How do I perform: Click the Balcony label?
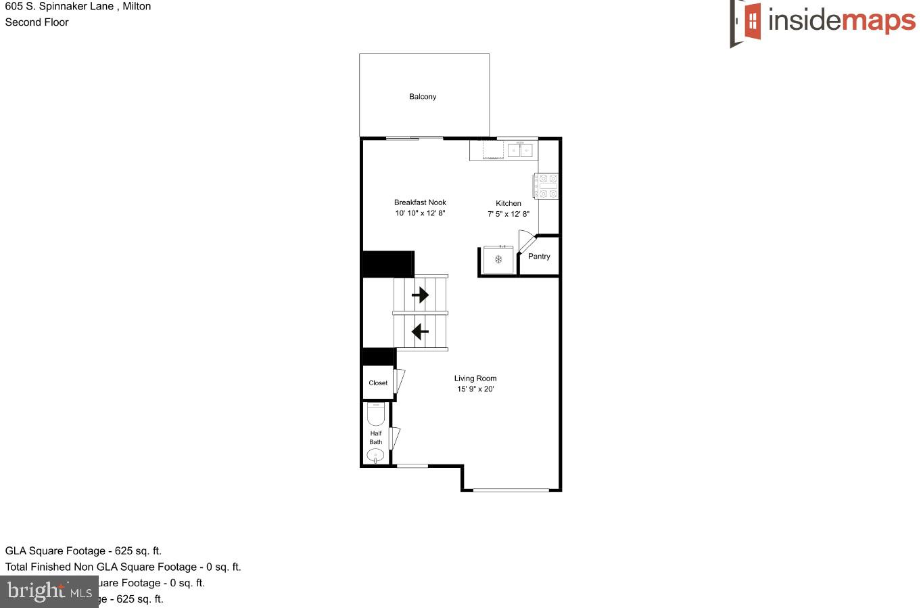pos(423,97)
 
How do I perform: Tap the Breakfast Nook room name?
pos(420,202)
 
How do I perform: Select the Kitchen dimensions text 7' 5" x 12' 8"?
pos(509,214)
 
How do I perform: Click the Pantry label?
pos(539,257)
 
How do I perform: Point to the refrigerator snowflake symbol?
pos(498,259)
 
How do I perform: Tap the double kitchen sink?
pos(520,150)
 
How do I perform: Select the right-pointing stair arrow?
pos(421,295)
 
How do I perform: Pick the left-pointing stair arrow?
pos(421,332)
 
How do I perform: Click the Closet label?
pos(378,383)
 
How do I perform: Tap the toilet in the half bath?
pos(375,414)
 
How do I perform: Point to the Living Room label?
pos(475,378)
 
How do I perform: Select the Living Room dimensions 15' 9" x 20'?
pos(475,389)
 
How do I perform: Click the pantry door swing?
pos(526,241)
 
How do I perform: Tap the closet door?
pos(399,381)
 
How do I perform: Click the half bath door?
pos(395,438)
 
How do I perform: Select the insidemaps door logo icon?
pos(746,22)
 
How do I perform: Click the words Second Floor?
pos(37,22)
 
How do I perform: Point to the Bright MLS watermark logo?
pos(49,592)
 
